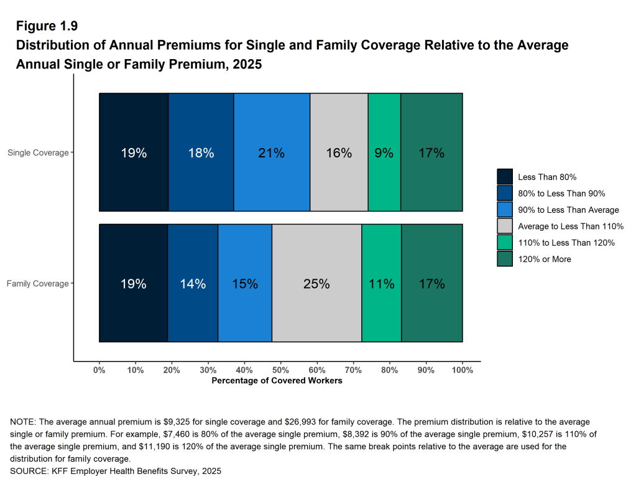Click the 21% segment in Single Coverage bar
click(272, 152)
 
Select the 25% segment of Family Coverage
click(316, 284)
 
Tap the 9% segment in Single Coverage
click(384, 152)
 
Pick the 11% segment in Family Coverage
click(381, 284)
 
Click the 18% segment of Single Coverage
click(201, 152)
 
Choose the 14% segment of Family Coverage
click(193, 284)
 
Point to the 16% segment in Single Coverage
click(339, 152)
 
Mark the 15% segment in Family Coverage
click(245, 284)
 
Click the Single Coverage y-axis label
click(38, 152)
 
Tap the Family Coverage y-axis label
click(37, 284)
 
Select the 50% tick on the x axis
click(280, 370)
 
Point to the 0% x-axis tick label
click(99, 370)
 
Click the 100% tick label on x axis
click(463, 370)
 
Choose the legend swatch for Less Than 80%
click(505, 177)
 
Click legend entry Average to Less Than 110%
click(570, 226)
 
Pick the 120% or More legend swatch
click(505, 259)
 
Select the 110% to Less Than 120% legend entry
click(566, 243)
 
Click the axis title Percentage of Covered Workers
click(277, 380)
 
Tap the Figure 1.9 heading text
click(47, 26)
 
